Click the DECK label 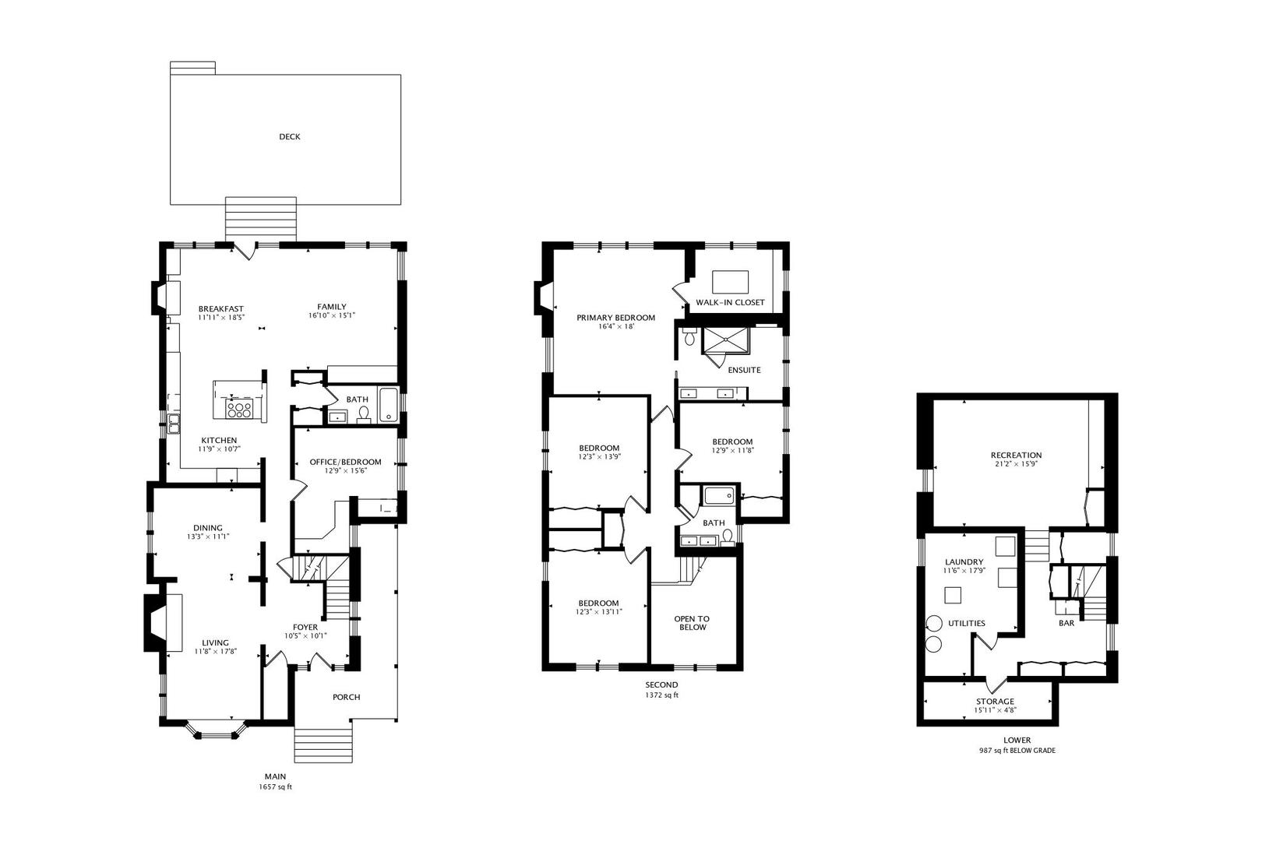coord(290,137)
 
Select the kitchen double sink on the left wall coord(173,424)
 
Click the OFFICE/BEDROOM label coord(345,462)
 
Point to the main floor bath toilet coord(363,413)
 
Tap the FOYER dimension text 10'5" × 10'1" coord(305,635)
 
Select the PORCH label coord(346,697)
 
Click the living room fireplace coord(164,622)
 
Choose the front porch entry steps coord(323,745)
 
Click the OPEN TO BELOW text coord(692,623)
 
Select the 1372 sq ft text coord(661,695)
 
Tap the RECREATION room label coord(1016,456)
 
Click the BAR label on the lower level coord(1066,623)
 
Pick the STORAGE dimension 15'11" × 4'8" coord(995,709)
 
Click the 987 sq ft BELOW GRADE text coord(1017,751)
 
